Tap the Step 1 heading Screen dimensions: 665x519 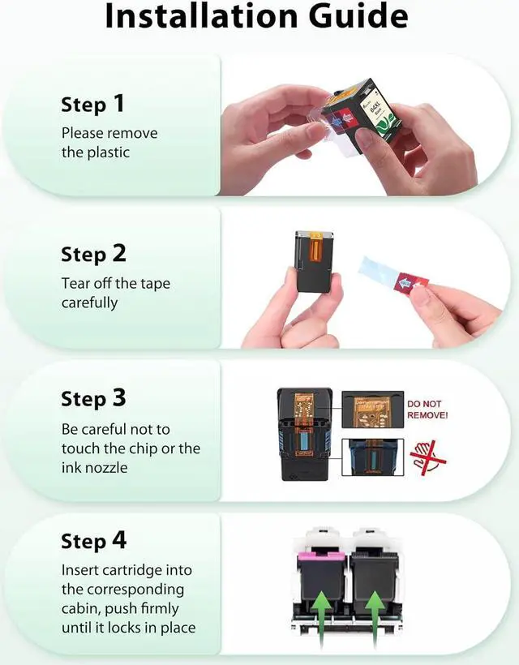tap(93, 105)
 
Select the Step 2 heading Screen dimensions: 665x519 tap(93, 255)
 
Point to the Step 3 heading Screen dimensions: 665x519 tap(93, 399)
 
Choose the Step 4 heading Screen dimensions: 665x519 tap(93, 542)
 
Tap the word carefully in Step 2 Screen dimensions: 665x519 tap(89, 302)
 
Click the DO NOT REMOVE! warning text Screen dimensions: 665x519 tap(427, 409)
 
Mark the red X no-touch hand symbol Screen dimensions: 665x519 tap(427, 457)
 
